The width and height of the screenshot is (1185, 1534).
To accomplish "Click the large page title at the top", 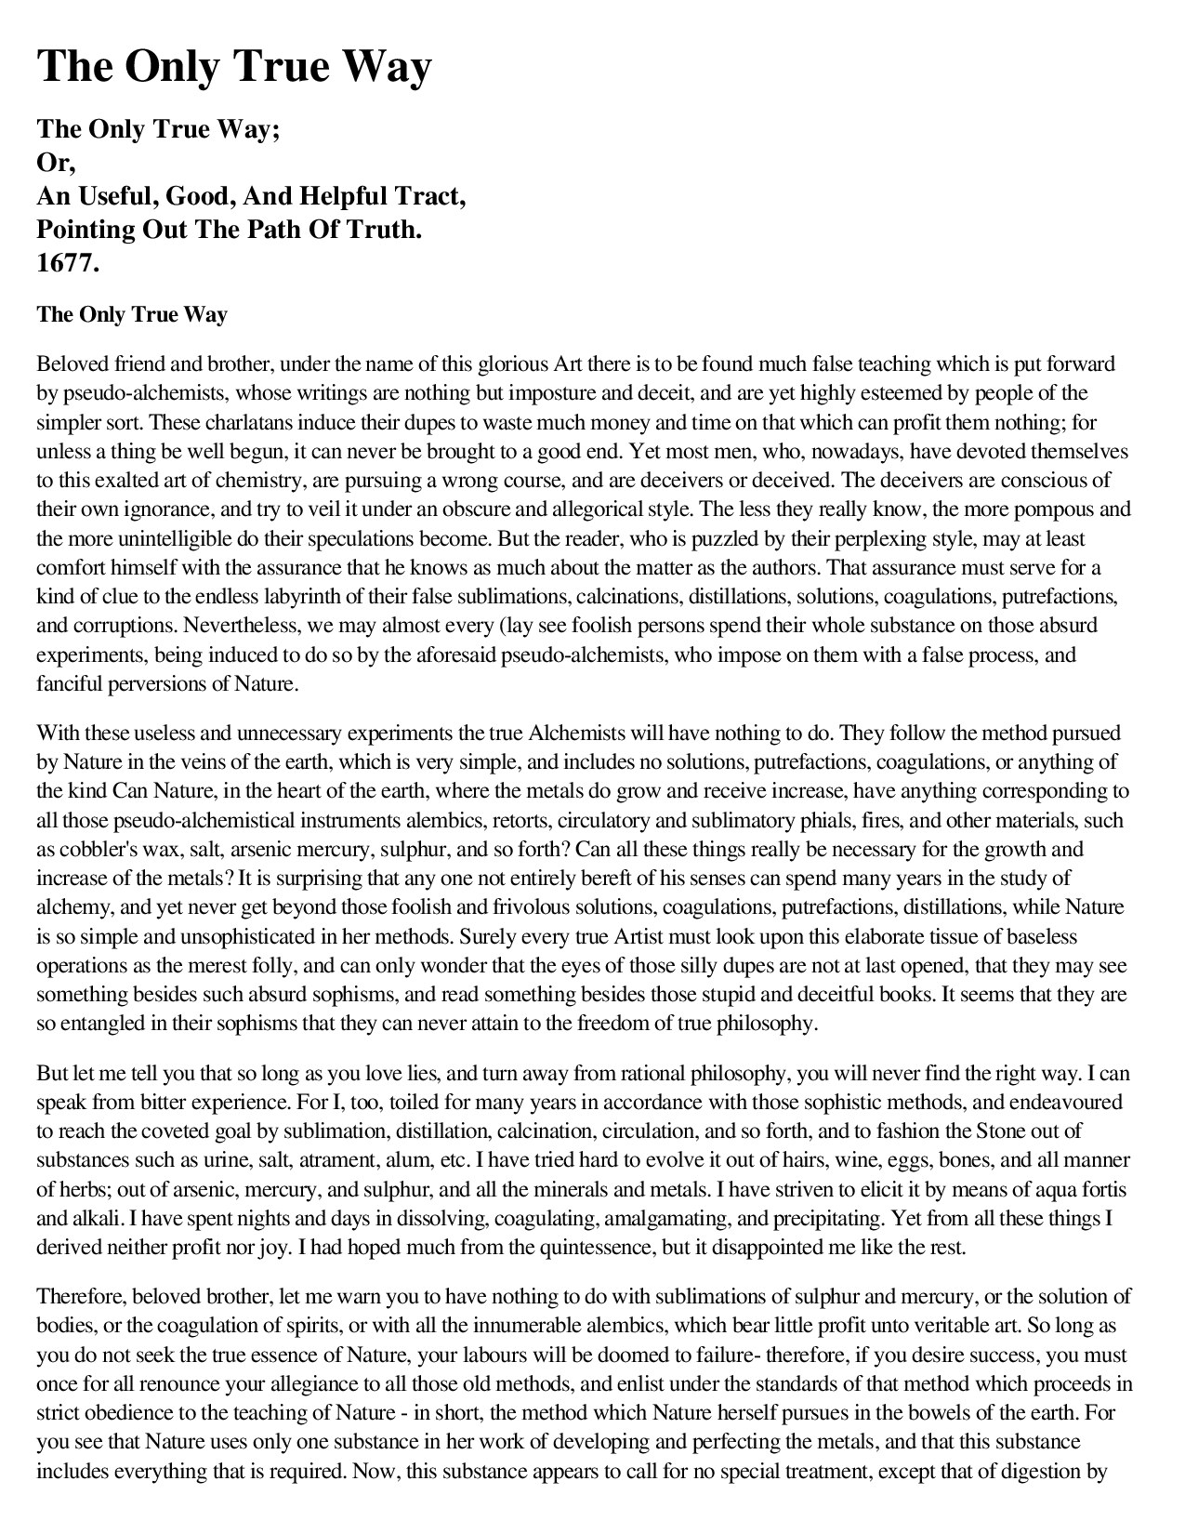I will [234, 66].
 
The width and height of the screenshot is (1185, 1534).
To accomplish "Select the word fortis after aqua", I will [1106, 1189].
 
